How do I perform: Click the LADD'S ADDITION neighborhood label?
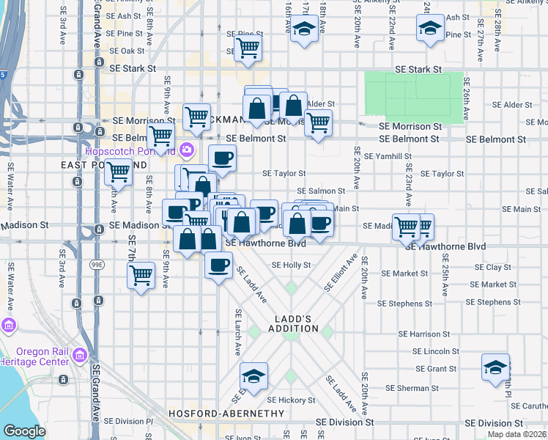coord(297,323)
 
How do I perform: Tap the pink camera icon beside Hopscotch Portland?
coord(186,150)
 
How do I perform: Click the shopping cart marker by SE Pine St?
coord(249,48)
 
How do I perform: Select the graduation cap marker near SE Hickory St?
coord(253,375)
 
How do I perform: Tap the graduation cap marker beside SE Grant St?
coord(495,367)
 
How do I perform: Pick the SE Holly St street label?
coord(291,265)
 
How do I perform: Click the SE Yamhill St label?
coord(388,156)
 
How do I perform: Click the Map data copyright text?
coord(518,433)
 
